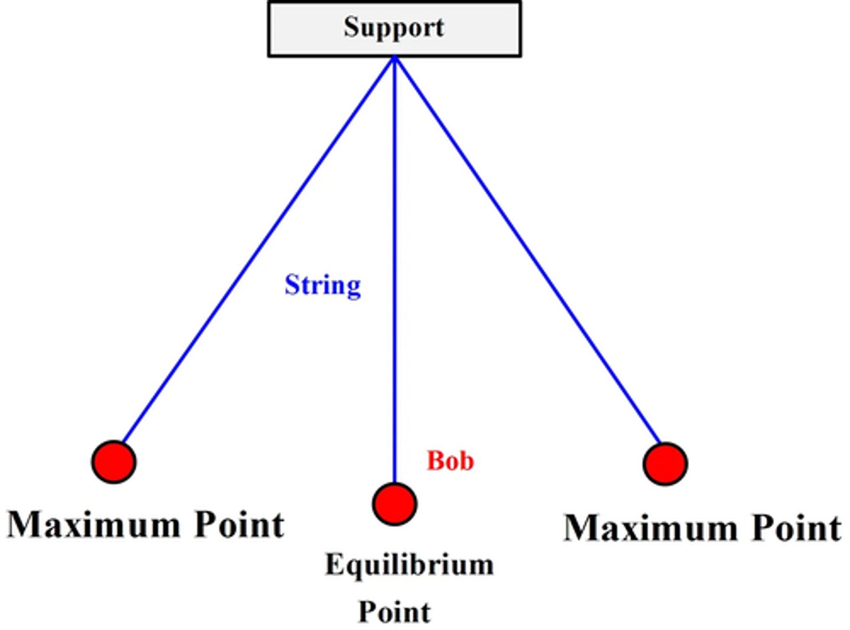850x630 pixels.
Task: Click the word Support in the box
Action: (x=394, y=28)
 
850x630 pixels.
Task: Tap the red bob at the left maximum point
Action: (x=114, y=462)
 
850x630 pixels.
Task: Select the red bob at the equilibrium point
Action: (x=394, y=504)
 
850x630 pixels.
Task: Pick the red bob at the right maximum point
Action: (x=665, y=464)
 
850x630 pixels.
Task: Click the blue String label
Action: (x=322, y=286)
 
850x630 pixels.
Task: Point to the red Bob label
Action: (x=450, y=461)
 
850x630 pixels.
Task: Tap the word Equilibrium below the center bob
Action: (x=409, y=565)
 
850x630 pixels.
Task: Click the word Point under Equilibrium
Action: (x=394, y=612)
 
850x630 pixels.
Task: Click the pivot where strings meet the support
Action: (x=394, y=58)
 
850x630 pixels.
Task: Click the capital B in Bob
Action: (x=435, y=461)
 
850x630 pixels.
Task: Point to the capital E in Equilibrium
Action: (x=334, y=565)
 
